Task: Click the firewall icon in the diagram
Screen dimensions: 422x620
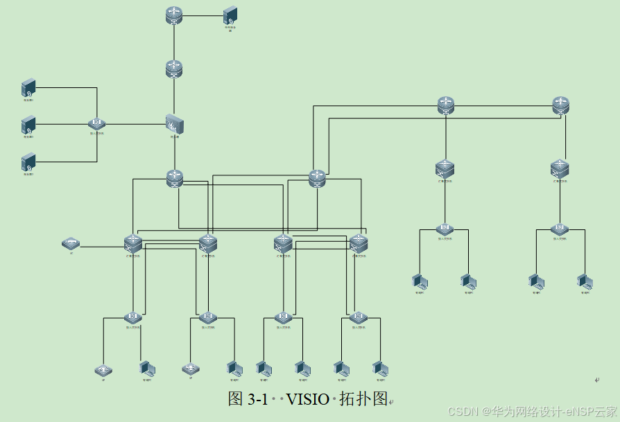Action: coord(175,124)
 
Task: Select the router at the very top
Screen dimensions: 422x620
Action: coord(173,15)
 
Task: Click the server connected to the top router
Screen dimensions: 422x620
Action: coord(230,17)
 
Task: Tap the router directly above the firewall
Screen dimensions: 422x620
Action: coord(174,69)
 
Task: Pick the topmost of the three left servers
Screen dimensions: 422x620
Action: coord(28,88)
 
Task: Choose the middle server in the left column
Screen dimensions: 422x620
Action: coord(28,125)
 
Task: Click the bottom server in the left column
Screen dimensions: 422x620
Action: coord(28,163)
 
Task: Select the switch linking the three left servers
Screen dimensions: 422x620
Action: coord(97,124)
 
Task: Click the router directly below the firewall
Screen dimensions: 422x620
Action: coord(175,178)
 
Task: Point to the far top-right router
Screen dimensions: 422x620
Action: coord(560,105)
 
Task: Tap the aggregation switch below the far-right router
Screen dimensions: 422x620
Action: coord(560,168)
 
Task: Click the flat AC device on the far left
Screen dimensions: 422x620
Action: coord(71,244)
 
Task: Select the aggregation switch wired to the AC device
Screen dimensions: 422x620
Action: coord(133,243)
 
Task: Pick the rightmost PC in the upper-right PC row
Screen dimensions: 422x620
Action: coord(585,281)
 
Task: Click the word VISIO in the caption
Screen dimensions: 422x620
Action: coord(309,400)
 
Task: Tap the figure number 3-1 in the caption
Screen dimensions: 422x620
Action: coord(257,400)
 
